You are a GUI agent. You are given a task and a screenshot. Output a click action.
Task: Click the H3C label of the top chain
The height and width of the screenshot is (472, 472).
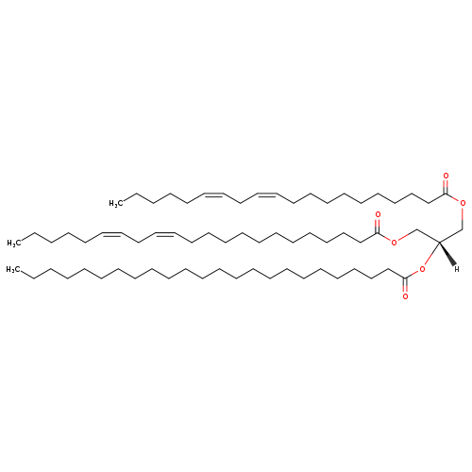coord(114,204)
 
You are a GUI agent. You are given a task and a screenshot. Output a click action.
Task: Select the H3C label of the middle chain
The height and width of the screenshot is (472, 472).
coord(12,243)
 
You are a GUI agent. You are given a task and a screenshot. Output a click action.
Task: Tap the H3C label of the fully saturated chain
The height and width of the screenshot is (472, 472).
coord(12,270)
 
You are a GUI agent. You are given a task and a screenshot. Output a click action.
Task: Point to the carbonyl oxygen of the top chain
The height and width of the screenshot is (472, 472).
coord(446,176)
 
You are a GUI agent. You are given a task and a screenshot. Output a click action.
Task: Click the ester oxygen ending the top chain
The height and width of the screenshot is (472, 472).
coord(463,203)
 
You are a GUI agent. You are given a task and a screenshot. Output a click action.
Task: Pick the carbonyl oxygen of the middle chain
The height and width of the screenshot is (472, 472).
coord(378,215)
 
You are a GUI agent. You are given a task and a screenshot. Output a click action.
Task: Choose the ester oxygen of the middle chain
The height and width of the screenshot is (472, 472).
coord(394,243)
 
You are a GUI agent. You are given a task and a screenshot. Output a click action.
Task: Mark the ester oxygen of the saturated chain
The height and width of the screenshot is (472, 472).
coord(422,269)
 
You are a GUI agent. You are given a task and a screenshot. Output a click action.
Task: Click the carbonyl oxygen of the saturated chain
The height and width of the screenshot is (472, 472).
coord(405,296)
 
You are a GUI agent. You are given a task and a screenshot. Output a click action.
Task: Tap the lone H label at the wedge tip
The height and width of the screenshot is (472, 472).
coord(457,269)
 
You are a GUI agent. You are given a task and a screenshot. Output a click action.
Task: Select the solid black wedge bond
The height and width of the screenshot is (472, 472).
coord(447,253)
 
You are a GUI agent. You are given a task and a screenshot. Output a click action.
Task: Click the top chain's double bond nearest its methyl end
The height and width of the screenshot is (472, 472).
coord(214,194)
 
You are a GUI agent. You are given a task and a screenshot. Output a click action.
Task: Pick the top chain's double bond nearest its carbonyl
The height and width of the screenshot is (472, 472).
coord(267,194)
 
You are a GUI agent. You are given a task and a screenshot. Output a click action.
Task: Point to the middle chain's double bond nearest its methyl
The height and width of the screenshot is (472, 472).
coord(112,233)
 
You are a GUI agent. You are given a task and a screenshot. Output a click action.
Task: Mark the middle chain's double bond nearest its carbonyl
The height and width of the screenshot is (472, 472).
coord(164,233)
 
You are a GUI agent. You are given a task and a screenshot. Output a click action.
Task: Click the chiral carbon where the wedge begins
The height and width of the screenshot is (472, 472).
coord(439,242)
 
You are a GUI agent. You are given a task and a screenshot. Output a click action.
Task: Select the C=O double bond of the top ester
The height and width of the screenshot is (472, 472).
coord(446,186)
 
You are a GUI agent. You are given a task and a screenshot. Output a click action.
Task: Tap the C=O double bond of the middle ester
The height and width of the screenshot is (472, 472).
coord(378,225)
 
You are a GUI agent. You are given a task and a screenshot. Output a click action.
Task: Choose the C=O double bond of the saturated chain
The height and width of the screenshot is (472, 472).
coord(405,286)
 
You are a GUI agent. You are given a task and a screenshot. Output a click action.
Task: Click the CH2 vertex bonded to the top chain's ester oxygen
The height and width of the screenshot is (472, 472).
coord(463,229)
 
